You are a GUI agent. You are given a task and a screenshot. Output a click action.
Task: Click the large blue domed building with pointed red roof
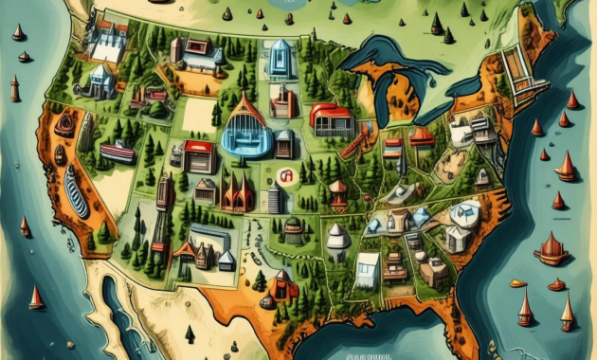point(245,130)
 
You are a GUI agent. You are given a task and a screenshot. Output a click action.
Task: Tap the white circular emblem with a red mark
point(285,174)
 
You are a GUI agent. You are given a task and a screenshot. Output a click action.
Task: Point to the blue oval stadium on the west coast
point(75,192)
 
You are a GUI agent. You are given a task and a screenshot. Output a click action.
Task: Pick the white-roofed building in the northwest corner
point(106,42)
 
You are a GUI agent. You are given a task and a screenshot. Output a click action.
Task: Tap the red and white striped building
point(118,152)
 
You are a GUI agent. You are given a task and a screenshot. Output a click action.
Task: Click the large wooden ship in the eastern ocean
point(551,249)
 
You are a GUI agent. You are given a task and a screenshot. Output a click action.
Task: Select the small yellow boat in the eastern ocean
point(517,283)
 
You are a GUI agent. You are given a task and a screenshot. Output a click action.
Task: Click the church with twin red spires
point(236,194)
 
